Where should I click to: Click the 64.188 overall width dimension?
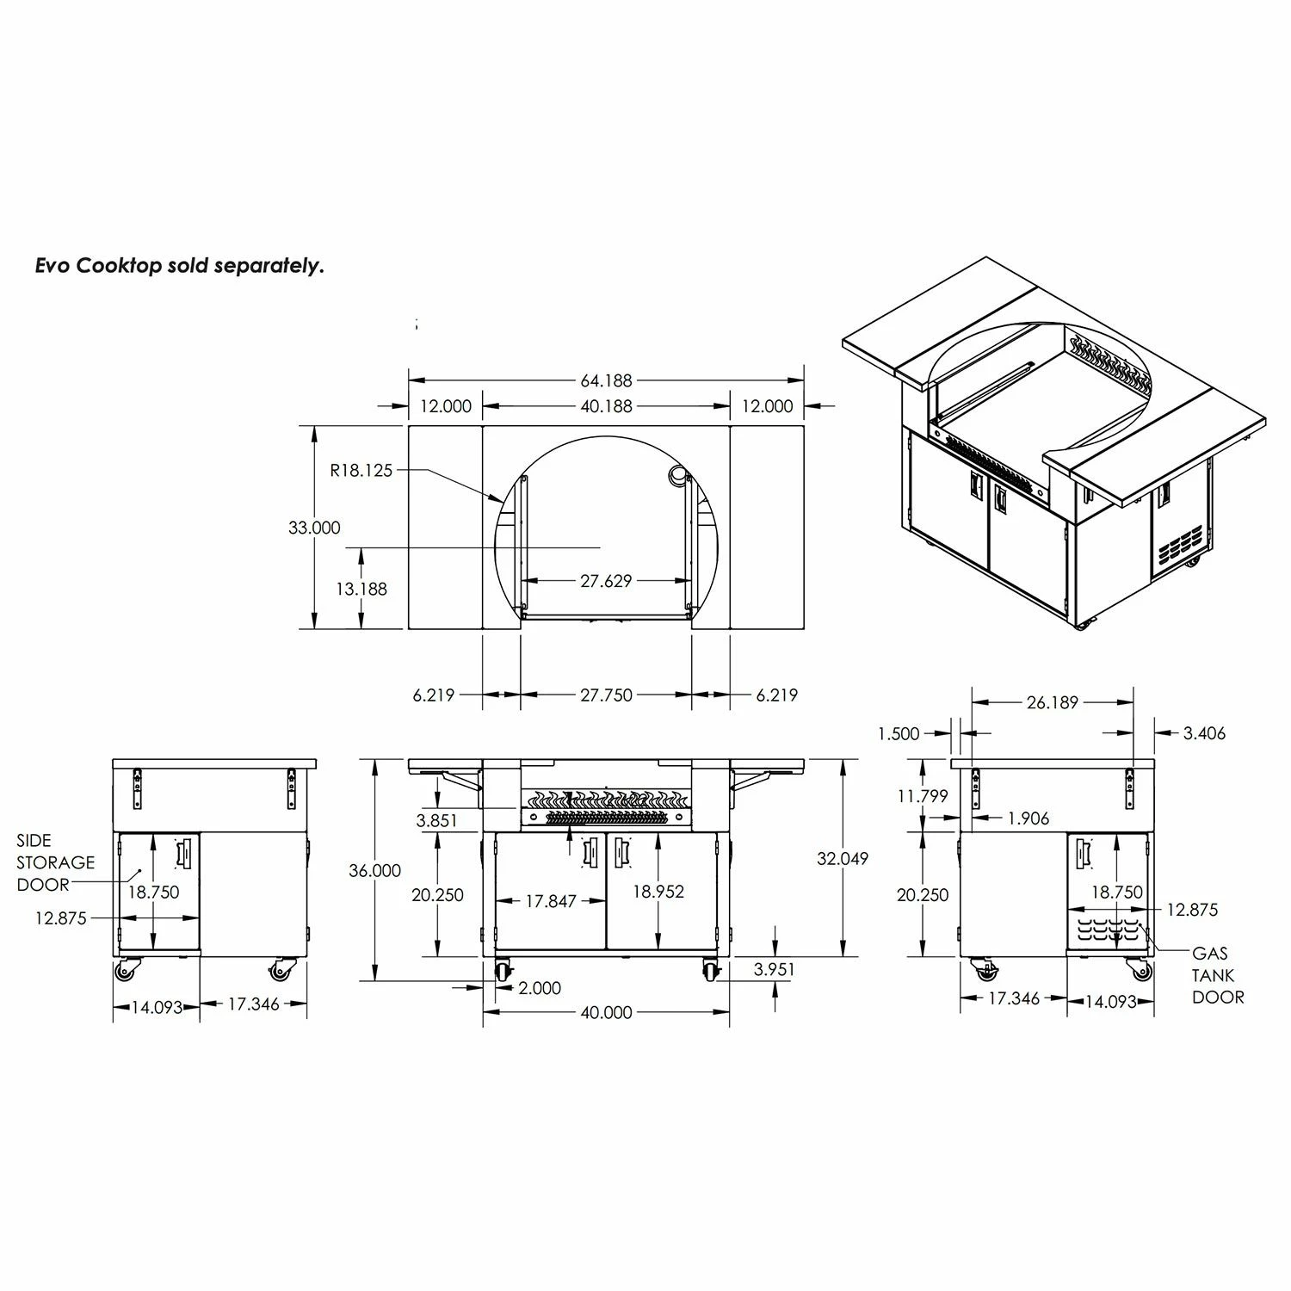pos(606,380)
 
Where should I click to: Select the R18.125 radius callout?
pos(361,470)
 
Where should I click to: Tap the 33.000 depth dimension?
pos(314,528)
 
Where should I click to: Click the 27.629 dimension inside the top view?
pos(606,581)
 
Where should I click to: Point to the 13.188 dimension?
pos(361,589)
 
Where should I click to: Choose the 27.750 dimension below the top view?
pos(606,695)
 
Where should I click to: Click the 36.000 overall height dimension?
pos(374,870)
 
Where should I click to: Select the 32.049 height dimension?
pos(842,858)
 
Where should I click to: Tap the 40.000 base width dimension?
pos(606,1013)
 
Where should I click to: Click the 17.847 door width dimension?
pos(551,901)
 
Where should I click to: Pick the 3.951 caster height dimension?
pos(775,969)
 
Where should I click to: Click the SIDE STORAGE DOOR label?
pos(55,862)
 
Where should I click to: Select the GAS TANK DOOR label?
pos(1217,975)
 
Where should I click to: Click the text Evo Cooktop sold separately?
pos(179,266)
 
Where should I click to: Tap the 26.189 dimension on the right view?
pos(1052,702)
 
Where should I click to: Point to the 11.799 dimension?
pos(922,796)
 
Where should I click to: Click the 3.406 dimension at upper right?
pos(1204,733)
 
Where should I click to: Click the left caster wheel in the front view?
pos(502,972)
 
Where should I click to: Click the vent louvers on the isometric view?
pos(1181,544)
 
